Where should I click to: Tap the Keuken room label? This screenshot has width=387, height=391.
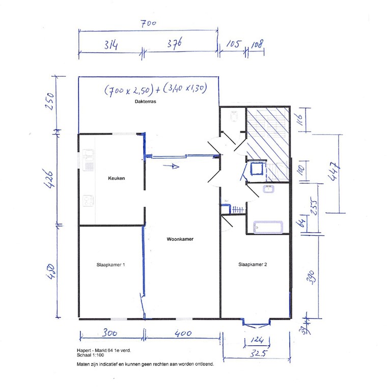pyautogui.click(x=117, y=178)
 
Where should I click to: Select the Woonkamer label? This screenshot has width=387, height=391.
pyautogui.click(x=180, y=239)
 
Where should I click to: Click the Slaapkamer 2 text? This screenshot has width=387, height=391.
pyautogui.click(x=253, y=264)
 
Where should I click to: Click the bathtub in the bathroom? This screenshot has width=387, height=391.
pyautogui.click(x=268, y=227)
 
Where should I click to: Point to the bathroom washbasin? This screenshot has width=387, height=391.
pyautogui.click(x=268, y=190)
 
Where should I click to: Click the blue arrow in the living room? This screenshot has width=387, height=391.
pyautogui.click(x=174, y=165)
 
